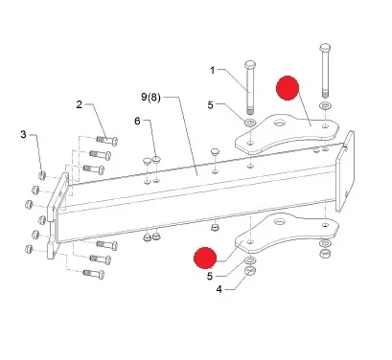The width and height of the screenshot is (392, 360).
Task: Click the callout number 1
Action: click(x=213, y=70)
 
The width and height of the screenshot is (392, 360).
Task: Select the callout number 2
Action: click(x=79, y=104)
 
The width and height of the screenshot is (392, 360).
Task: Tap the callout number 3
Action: click(x=23, y=134)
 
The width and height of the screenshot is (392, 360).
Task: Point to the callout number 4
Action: click(x=219, y=289)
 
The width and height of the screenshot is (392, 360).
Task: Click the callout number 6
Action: click(x=137, y=122)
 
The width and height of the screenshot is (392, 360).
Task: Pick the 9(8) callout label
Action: click(x=150, y=97)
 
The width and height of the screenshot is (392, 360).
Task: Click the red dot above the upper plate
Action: click(x=288, y=88)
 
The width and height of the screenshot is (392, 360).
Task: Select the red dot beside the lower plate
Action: click(x=205, y=258)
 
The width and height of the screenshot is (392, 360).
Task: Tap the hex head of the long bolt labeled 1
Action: click(x=250, y=64)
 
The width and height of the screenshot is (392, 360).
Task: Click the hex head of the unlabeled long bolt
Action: click(x=325, y=48)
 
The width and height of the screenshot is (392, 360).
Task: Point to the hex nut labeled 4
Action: click(x=250, y=270)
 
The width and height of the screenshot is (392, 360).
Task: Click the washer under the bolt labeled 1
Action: click(x=250, y=122)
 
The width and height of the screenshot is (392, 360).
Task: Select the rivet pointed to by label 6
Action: click(x=156, y=159)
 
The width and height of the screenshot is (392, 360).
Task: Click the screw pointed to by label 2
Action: click(x=107, y=140)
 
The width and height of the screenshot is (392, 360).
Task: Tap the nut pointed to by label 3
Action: click(x=42, y=175)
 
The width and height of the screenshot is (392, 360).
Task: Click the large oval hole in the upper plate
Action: click(x=279, y=122)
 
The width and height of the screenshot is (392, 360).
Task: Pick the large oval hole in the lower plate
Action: click(x=280, y=220)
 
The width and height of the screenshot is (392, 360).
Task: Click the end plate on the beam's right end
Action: click(x=345, y=171)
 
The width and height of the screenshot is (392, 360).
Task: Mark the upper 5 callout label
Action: click(x=210, y=105)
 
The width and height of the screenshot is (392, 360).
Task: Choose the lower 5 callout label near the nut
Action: click(x=210, y=276)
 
